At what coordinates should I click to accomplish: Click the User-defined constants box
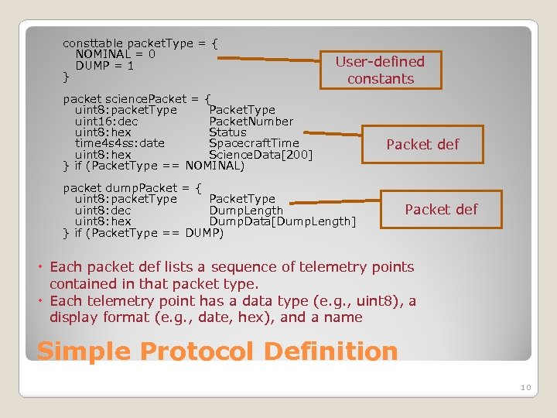(380, 70)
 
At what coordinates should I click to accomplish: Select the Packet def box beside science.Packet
(422, 145)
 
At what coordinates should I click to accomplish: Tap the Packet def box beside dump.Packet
(441, 209)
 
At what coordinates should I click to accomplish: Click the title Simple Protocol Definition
(217, 351)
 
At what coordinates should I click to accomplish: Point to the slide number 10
(525, 386)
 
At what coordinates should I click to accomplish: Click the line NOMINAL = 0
(115, 54)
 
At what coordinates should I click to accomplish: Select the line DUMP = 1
(104, 66)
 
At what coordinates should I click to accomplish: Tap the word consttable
(92, 43)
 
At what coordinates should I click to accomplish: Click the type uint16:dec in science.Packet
(107, 121)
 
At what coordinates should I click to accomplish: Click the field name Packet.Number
(251, 121)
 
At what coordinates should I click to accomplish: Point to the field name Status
(227, 132)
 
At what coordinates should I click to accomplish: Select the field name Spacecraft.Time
(254, 143)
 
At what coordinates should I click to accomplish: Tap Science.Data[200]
(261, 155)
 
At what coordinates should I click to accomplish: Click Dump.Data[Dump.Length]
(282, 222)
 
